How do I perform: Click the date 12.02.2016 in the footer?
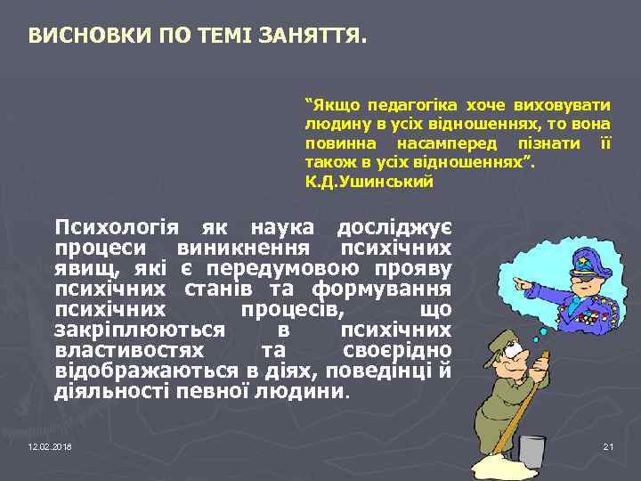50,445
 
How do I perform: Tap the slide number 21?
609,445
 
